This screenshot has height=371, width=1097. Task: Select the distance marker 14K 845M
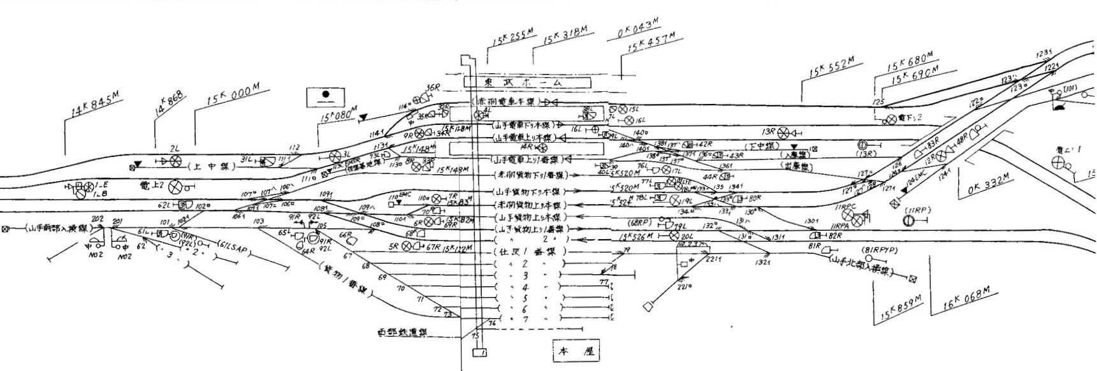(92, 106)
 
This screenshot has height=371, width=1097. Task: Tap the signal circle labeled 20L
(674, 236)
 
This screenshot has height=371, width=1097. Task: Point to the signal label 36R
(433, 87)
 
